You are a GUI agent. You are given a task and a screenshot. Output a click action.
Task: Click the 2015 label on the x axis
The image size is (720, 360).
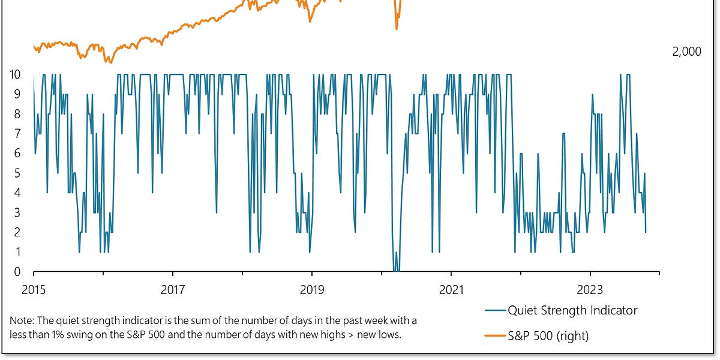pyautogui.click(x=34, y=290)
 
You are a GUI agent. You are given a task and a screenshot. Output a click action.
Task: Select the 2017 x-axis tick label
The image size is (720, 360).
pyautogui.click(x=173, y=290)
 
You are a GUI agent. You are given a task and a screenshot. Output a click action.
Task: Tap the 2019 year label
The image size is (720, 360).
pyautogui.click(x=312, y=290)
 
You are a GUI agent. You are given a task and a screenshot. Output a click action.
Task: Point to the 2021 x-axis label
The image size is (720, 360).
pyautogui.click(x=451, y=290)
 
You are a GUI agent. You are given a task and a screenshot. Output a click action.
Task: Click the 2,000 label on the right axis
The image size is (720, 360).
pyautogui.click(x=686, y=52)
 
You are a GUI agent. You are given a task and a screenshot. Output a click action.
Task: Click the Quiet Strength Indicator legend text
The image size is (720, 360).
pyautogui.click(x=572, y=310)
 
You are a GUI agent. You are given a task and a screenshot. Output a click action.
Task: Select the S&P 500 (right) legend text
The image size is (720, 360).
pyautogui.click(x=548, y=336)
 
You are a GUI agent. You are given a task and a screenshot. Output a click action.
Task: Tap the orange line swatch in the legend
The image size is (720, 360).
pyautogui.click(x=494, y=336)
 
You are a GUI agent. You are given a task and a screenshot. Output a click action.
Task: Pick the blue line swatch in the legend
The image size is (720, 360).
pyautogui.click(x=494, y=310)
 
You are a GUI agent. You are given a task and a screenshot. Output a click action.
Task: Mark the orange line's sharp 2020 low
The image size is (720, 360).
pyautogui.click(x=397, y=28)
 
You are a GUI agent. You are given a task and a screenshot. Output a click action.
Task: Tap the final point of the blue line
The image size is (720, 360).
pyautogui.click(x=646, y=232)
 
